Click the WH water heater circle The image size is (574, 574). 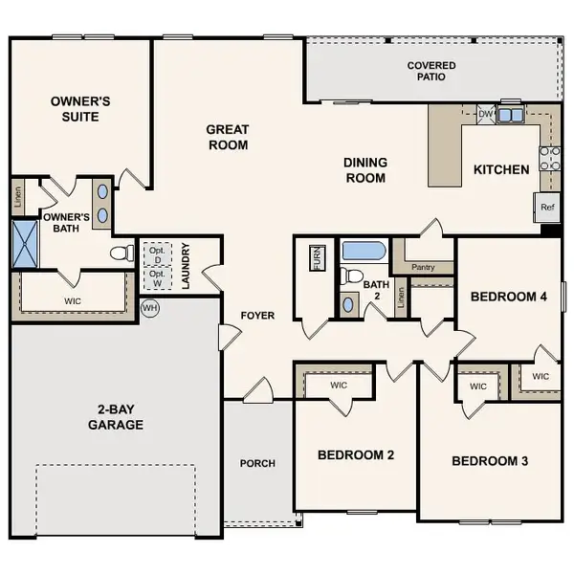tap(149, 309)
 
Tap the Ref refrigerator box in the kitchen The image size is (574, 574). tap(546, 207)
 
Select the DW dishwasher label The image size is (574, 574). tap(485, 115)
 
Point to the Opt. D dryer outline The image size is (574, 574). tap(155, 254)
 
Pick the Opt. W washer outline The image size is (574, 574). tap(155, 277)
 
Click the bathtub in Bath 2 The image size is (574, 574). tap(363, 253)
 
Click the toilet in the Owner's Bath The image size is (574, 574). tap(121, 254)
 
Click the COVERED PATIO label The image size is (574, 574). tap(431, 71)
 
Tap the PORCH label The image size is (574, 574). tap(257, 463)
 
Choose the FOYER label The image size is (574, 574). tap(257, 315)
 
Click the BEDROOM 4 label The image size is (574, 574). tap(508, 297)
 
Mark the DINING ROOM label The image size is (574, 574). tap(364, 170)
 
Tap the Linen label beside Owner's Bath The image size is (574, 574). tap(18, 199)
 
